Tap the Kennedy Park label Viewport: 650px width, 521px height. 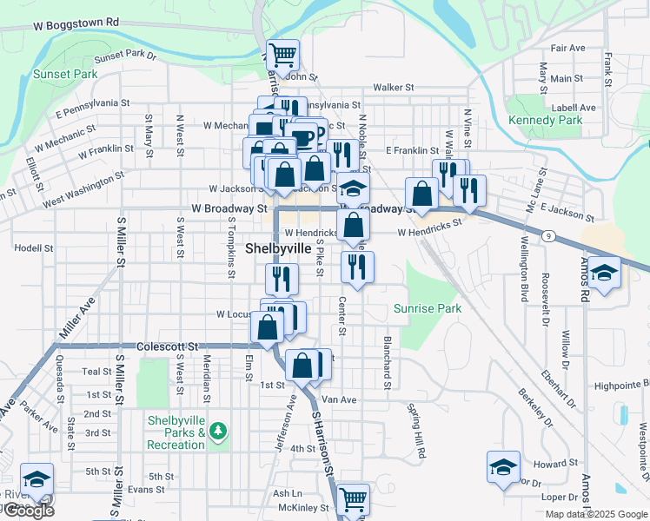pyautogui.click(x=545, y=120)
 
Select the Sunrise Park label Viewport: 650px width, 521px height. pyautogui.click(x=427, y=308)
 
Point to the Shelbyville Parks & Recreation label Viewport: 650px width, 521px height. pyautogui.click(x=176, y=432)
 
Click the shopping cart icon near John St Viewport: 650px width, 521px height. pyautogui.click(x=282, y=56)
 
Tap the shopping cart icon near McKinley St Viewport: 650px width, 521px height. pyautogui.click(x=353, y=499)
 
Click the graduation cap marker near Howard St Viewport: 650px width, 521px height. pyautogui.click(x=503, y=467)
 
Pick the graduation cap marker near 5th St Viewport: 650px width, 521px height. pyautogui.click(x=37, y=479)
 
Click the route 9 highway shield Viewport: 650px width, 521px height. pyautogui.click(x=550, y=235)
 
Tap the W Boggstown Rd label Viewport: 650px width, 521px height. pyautogui.click(x=75, y=21)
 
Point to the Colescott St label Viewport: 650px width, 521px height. pyautogui.click(x=167, y=345)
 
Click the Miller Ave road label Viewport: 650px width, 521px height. pyautogui.click(x=76, y=319)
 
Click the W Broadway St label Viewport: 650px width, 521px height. pyautogui.click(x=229, y=209)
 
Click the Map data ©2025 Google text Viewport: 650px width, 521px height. pyautogui.click(x=595, y=514)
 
